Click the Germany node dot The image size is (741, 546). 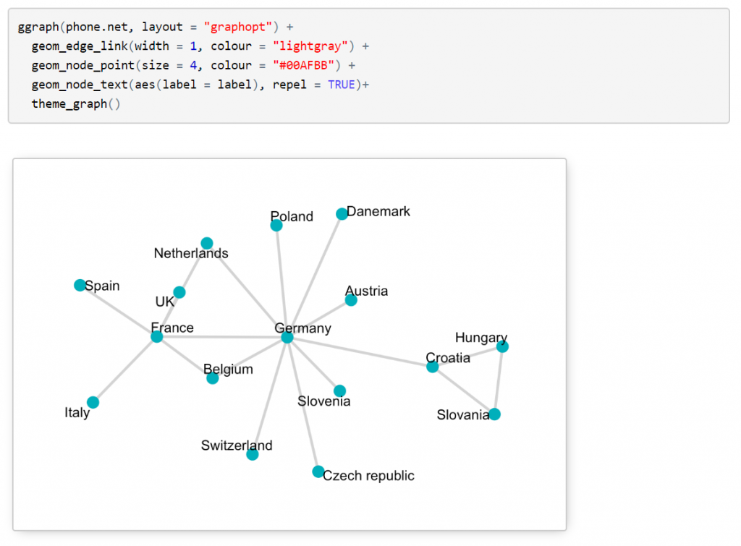click(287, 337)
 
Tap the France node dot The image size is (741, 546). click(157, 336)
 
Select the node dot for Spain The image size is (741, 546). click(80, 285)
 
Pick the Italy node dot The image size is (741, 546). click(93, 402)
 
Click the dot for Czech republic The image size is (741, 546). click(318, 472)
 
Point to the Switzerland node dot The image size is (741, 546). click(253, 454)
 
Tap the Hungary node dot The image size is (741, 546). click(503, 346)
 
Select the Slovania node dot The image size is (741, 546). click(494, 414)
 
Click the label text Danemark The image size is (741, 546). click(378, 211)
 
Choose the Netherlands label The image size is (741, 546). click(191, 253)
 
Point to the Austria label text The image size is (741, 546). click(366, 291)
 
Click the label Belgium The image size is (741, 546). click(228, 370)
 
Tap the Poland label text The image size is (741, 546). click(292, 216)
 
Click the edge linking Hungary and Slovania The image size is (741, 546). click(499, 380)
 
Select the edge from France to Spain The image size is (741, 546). click(119, 311)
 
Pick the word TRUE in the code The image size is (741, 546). click(341, 85)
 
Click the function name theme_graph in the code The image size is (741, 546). click(69, 103)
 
